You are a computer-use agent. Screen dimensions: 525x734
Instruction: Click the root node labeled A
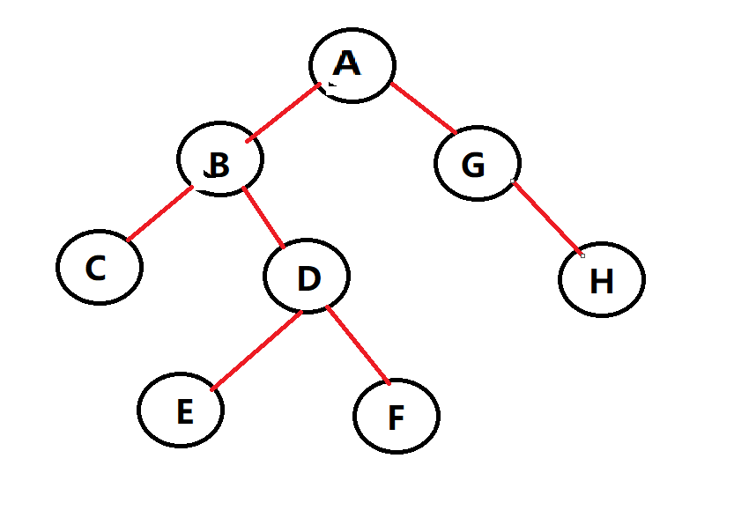tap(352, 65)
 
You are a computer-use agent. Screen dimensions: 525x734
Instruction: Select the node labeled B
tap(220, 159)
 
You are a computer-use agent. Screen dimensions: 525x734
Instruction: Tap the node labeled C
tap(100, 266)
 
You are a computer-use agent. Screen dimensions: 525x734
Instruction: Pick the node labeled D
tap(307, 276)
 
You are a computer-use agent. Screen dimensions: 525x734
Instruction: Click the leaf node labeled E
tap(181, 410)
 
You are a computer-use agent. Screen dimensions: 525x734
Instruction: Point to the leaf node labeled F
tap(397, 416)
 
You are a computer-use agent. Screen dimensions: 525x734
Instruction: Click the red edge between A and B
tap(284, 112)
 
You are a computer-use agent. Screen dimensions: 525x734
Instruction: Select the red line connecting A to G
tap(424, 107)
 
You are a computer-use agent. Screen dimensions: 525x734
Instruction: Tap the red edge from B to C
tap(160, 213)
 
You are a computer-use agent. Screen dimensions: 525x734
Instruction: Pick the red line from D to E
tap(257, 350)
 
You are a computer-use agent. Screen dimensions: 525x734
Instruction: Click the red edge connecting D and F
tap(358, 344)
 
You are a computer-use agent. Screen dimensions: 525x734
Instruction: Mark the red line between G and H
tap(547, 218)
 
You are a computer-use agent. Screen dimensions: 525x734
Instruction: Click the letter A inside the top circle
tap(348, 63)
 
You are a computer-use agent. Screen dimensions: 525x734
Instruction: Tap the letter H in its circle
tap(601, 282)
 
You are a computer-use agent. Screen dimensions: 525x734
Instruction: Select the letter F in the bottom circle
tap(396, 418)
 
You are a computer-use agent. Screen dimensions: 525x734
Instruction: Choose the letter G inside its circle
tap(473, 165)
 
